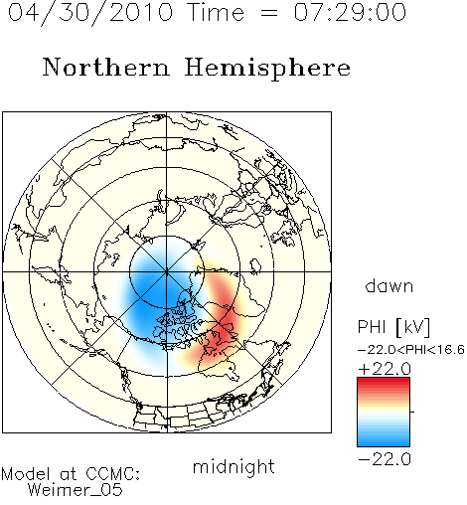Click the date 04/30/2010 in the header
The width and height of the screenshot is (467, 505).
pos(90,13)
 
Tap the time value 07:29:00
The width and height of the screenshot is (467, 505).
pos(350,12)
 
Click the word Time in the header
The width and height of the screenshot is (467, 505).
pos(216,12)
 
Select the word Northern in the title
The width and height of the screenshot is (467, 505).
pos(106,67)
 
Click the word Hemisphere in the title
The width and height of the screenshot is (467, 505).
pos(267,69)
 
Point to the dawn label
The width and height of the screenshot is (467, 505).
pos(389,285)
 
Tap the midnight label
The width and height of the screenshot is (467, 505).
pos(233,466)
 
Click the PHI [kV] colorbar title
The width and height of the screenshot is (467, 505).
pos(393,327)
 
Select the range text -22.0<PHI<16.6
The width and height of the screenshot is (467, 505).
pos(411,350)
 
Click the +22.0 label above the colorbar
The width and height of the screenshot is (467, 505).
pos(385,369)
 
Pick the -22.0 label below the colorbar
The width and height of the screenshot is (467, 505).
pos(385,459)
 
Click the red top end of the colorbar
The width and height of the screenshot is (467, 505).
pos(384,380)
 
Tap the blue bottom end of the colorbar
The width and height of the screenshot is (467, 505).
pos(384,443)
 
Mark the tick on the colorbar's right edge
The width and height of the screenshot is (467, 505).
pos(412,412)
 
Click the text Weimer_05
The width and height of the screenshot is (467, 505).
pos(76,489)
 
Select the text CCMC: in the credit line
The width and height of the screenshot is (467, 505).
pos(113,474)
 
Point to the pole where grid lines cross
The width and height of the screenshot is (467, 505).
pos(167,271)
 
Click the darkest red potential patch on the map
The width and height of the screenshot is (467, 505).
pos(226,330)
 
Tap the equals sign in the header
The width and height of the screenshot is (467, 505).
pos(268,13)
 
